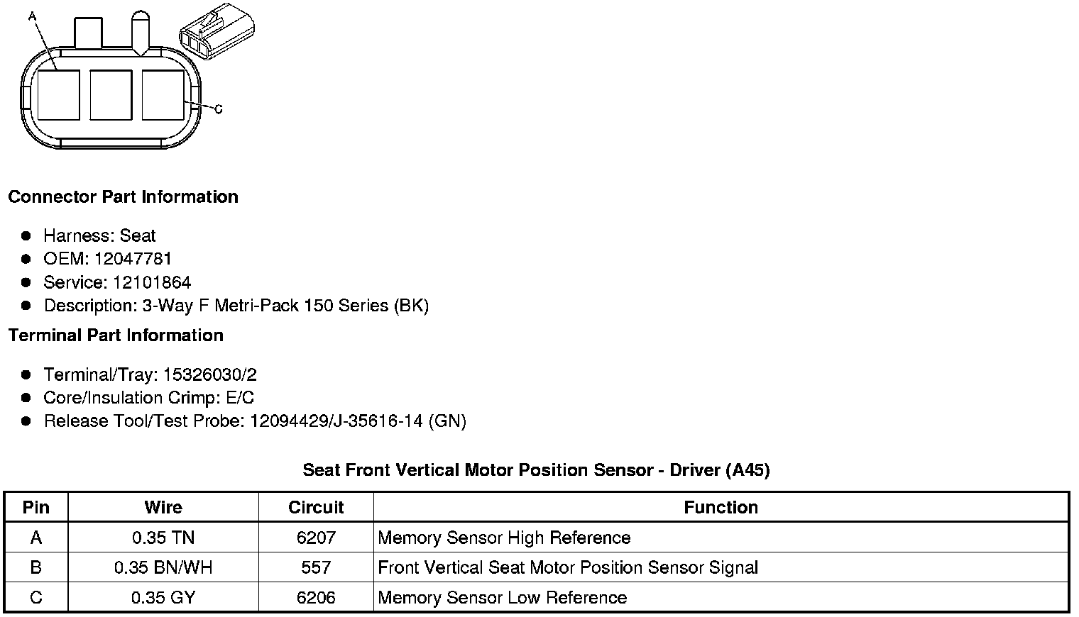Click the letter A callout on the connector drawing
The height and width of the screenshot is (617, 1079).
coord(32,17)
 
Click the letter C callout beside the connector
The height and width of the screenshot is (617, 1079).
coord(219,110)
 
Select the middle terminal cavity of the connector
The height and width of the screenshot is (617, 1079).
coord(111,95)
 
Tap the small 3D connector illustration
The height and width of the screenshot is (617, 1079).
coord(217,31)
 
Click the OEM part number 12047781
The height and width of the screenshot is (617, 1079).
coord(133,259)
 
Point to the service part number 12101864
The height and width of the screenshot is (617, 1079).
coord(152,282)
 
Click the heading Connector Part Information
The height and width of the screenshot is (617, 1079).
coord(124,197)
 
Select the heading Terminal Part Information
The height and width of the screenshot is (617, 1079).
coord(116,335)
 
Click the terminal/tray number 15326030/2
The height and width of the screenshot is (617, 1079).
coord(210,374)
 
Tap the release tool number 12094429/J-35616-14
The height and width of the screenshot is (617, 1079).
coord(336,421)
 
